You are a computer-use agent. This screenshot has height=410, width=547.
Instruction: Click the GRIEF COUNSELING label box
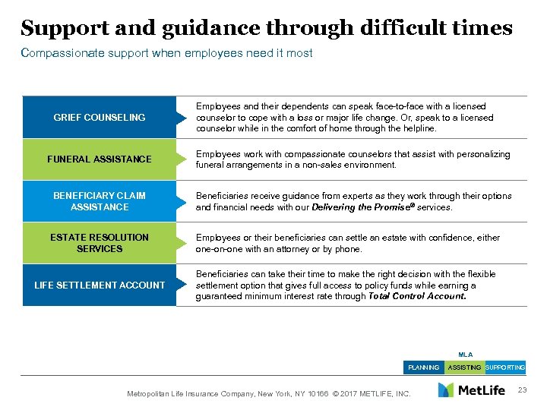click(100, 118)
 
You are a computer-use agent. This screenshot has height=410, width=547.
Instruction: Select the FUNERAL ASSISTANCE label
click(100, 159)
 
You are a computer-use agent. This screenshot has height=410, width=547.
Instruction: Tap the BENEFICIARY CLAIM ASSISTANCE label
click(100, 201)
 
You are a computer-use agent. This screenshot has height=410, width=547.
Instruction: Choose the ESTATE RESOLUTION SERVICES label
click(100, 243)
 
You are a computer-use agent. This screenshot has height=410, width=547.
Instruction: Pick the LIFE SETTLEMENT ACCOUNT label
click(100, 285)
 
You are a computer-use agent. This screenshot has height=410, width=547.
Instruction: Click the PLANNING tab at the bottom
click(423, 367)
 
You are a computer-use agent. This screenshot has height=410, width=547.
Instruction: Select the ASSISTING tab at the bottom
click(464, 367)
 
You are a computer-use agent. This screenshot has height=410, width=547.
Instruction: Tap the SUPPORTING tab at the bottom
click(505, 367)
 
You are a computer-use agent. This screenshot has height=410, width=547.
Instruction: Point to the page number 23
click(520, 389)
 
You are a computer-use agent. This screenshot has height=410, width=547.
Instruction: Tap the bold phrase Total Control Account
click(417, 296)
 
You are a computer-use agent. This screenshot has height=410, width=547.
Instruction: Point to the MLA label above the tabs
click(465, 355)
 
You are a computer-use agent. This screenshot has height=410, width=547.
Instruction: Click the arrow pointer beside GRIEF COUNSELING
click(181, 118)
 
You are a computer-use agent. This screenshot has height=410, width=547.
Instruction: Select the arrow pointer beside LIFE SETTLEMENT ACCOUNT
click(181, 285)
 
